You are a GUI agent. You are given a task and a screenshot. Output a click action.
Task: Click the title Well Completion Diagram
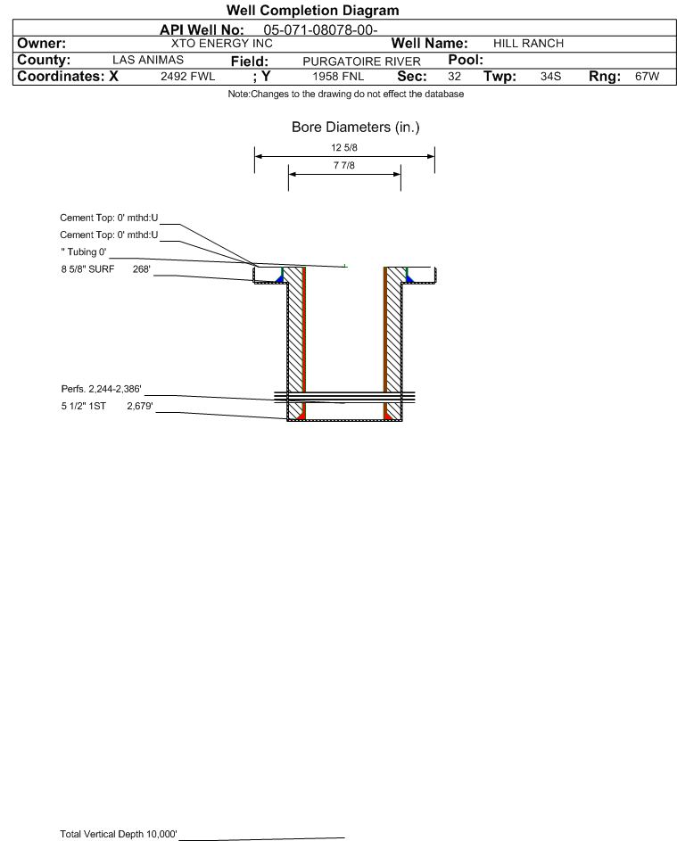[313, 10]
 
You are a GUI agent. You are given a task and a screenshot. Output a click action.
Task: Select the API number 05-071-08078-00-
[320, 30]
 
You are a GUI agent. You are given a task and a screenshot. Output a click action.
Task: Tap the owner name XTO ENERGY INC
[221, 44]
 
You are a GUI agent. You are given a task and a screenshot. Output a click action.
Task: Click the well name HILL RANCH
[528, 44]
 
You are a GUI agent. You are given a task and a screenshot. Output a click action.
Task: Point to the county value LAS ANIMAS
[148, 60]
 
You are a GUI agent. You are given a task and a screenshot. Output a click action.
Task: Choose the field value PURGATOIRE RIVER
[361, 62]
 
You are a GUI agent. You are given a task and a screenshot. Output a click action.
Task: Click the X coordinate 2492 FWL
[187, 76]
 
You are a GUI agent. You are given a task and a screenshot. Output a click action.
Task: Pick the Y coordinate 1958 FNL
[338, 76]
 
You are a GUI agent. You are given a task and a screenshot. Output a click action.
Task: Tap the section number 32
[454, 76]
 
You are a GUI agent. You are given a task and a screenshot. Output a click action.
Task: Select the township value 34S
[550, 76]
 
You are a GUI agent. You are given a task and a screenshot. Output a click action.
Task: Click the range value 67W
[647, 76]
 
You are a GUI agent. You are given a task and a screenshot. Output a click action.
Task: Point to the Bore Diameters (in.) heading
[356, 128]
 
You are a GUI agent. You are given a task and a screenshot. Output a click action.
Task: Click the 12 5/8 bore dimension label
[344, 147]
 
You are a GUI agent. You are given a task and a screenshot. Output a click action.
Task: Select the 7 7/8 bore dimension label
[344, 165]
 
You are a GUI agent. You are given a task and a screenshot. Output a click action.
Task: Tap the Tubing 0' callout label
[84, 252]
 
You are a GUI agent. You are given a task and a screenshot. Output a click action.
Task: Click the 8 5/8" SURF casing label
[87, 269]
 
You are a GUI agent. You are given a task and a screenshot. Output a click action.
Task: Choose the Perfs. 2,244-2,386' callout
[102, 390]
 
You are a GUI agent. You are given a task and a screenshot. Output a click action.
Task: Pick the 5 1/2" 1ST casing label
[83, 407]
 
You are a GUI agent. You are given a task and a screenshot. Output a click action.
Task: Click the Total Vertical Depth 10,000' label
[119, 834]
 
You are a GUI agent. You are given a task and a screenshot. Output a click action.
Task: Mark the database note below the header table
[345, 94]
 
